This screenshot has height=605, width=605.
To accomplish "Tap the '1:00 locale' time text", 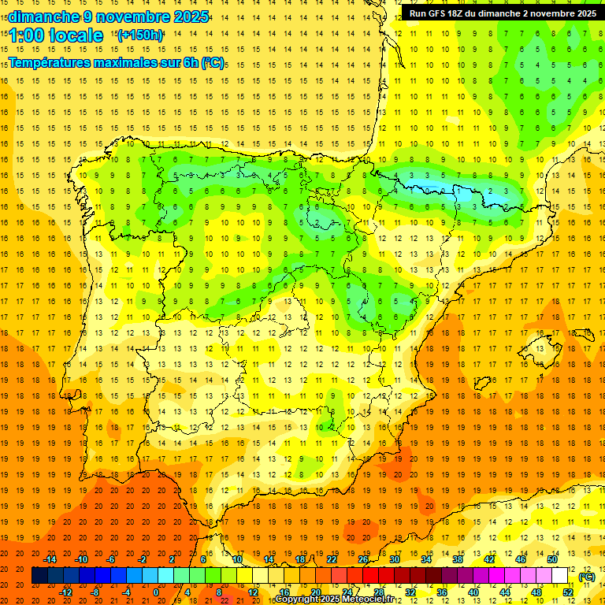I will point(56,35).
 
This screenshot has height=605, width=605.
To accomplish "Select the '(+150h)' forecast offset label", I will point(140,35).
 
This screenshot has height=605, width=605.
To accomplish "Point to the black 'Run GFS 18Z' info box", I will point(502,13).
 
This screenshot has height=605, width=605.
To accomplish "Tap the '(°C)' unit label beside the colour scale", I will point(586,577).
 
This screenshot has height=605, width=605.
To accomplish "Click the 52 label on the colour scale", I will point(567,592).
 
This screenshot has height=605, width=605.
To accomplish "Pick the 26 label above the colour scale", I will point(363,559).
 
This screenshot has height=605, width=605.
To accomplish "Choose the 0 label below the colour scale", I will point(156,592).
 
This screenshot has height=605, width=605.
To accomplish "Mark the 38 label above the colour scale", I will point(458,559).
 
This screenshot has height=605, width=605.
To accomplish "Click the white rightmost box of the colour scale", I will point(559,576).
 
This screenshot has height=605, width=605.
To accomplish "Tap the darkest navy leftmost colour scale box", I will point(39,576).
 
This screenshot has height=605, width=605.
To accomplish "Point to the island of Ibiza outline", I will point(483,384).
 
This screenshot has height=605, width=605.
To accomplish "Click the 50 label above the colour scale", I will point(552,559).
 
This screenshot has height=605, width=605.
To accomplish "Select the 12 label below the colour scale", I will point(253,592).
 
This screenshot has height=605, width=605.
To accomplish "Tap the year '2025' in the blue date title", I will point(191,17).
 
